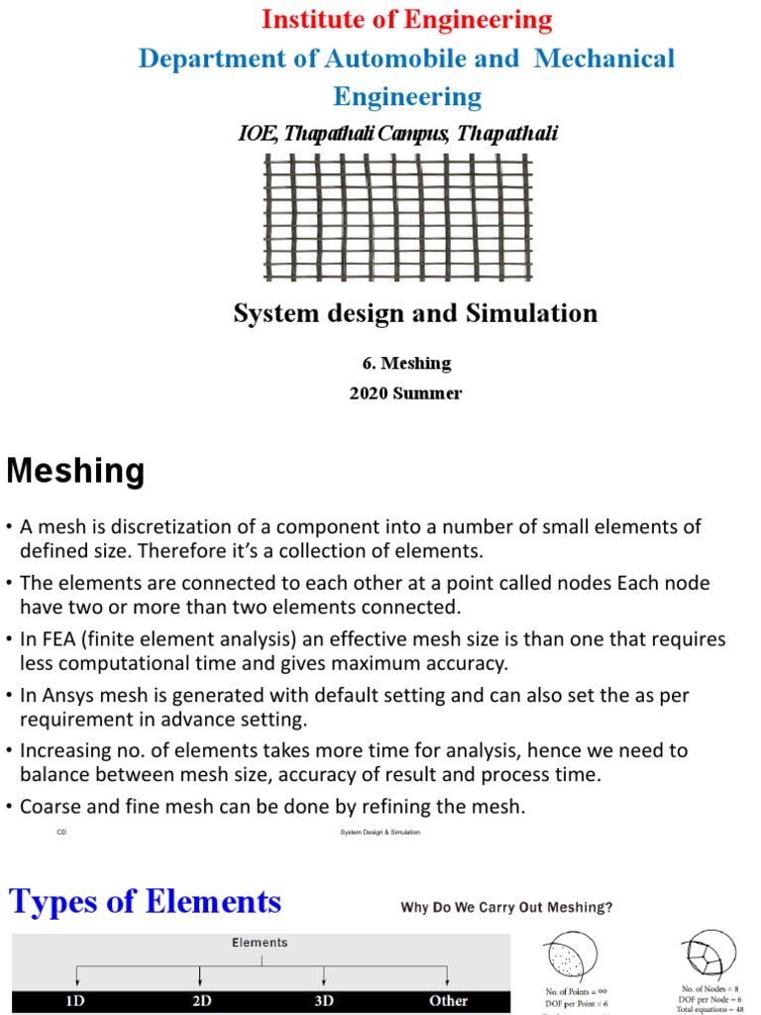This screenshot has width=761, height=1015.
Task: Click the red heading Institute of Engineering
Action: (x=406, y=20)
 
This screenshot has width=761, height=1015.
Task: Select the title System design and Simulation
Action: (x=415, y=314)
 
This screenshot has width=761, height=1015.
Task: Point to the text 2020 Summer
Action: (x=405, y=394)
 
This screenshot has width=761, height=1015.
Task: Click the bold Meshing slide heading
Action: (x=75, y=472)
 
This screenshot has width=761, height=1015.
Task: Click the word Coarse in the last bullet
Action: (x=50, y=807)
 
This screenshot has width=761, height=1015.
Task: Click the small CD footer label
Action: (x=61, y=833)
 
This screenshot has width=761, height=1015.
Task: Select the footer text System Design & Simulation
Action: (x=380, y=833)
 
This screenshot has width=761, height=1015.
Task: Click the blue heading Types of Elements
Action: (x=146, y=902)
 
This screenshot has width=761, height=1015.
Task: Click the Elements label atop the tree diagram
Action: (x=260, y=943)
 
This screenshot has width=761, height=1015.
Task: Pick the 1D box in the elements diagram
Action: (x=75, y=1001)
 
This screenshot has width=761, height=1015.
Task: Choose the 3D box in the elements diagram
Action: (x=324, y=1001)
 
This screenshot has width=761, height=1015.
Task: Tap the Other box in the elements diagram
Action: (x=448, y=1001)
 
